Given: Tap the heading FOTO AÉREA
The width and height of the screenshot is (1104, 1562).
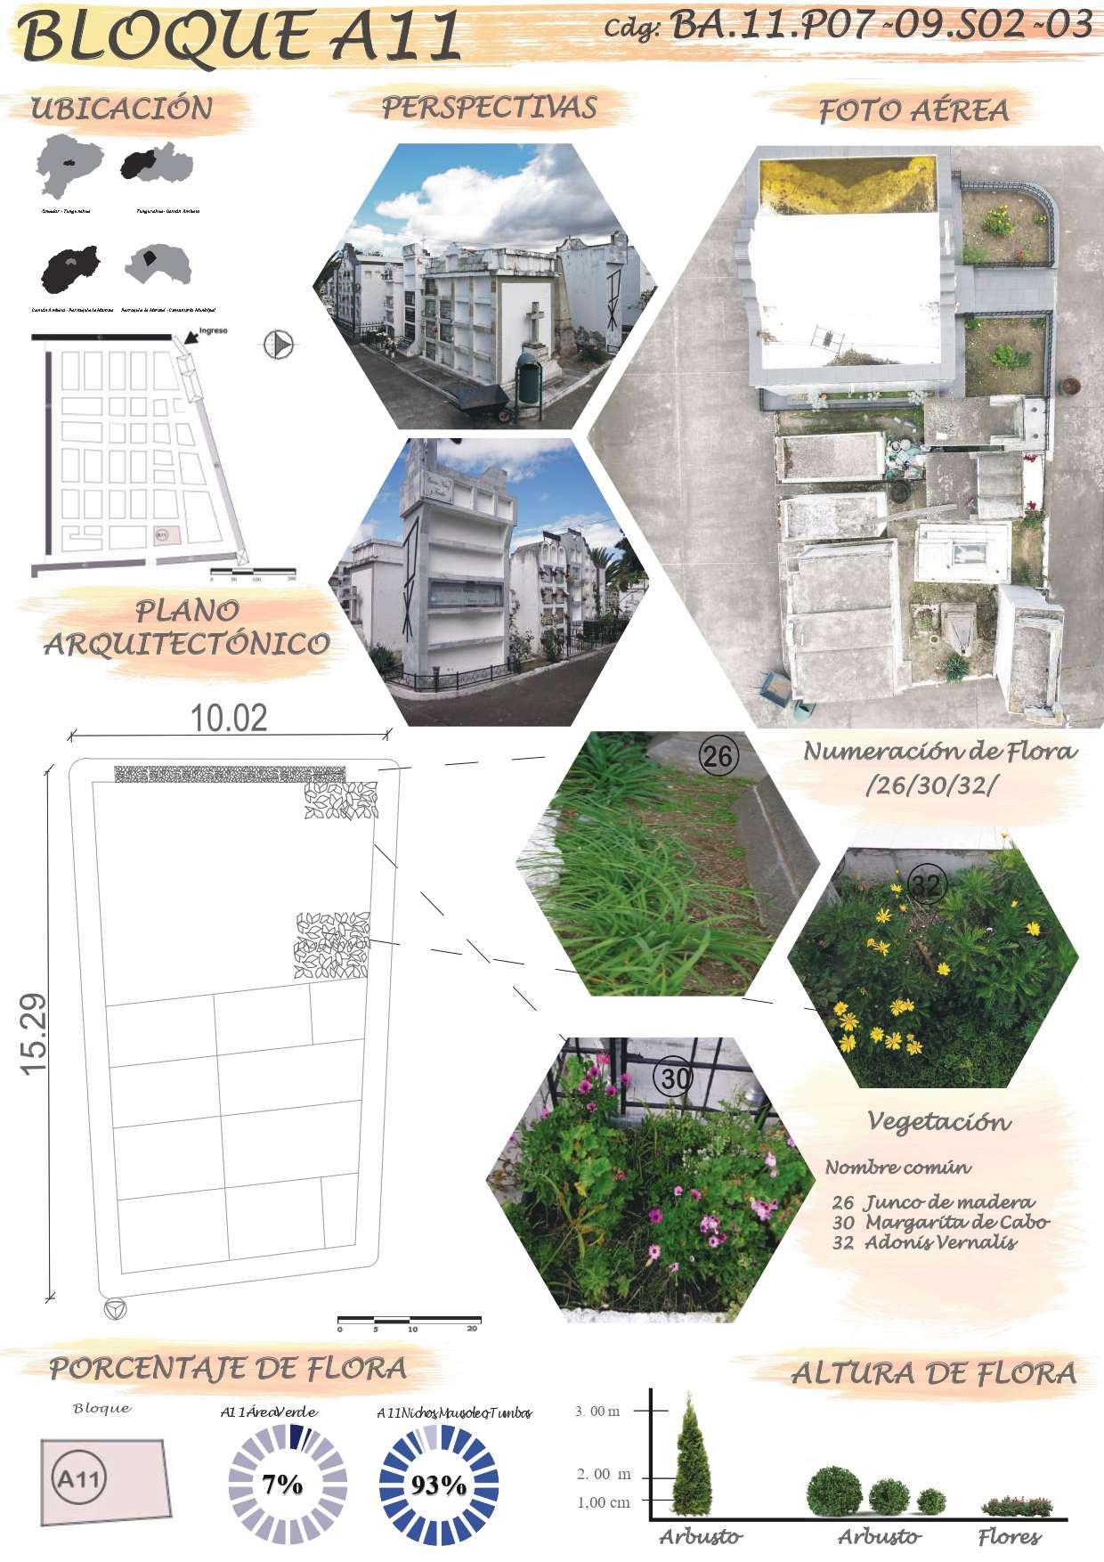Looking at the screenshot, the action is (x=913, y=110).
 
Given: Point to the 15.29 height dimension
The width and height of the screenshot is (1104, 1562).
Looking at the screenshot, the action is (x=36, y=1034).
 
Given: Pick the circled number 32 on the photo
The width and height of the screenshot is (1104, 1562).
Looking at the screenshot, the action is (x=927, y=884).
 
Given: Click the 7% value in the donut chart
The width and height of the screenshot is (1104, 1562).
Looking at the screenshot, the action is (x=282, y=1485).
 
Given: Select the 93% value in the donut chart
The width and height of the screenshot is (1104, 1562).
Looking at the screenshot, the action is (x=438, y=1485).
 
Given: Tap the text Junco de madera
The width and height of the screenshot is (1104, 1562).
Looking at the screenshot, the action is (x=949, y=1201).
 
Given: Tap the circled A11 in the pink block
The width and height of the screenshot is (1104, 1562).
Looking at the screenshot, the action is (x=81, y=1480).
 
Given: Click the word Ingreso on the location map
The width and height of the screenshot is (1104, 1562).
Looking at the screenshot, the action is (x=214, y=330).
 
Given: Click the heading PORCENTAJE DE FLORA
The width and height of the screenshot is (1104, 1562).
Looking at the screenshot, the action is (x=228, y=1368).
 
